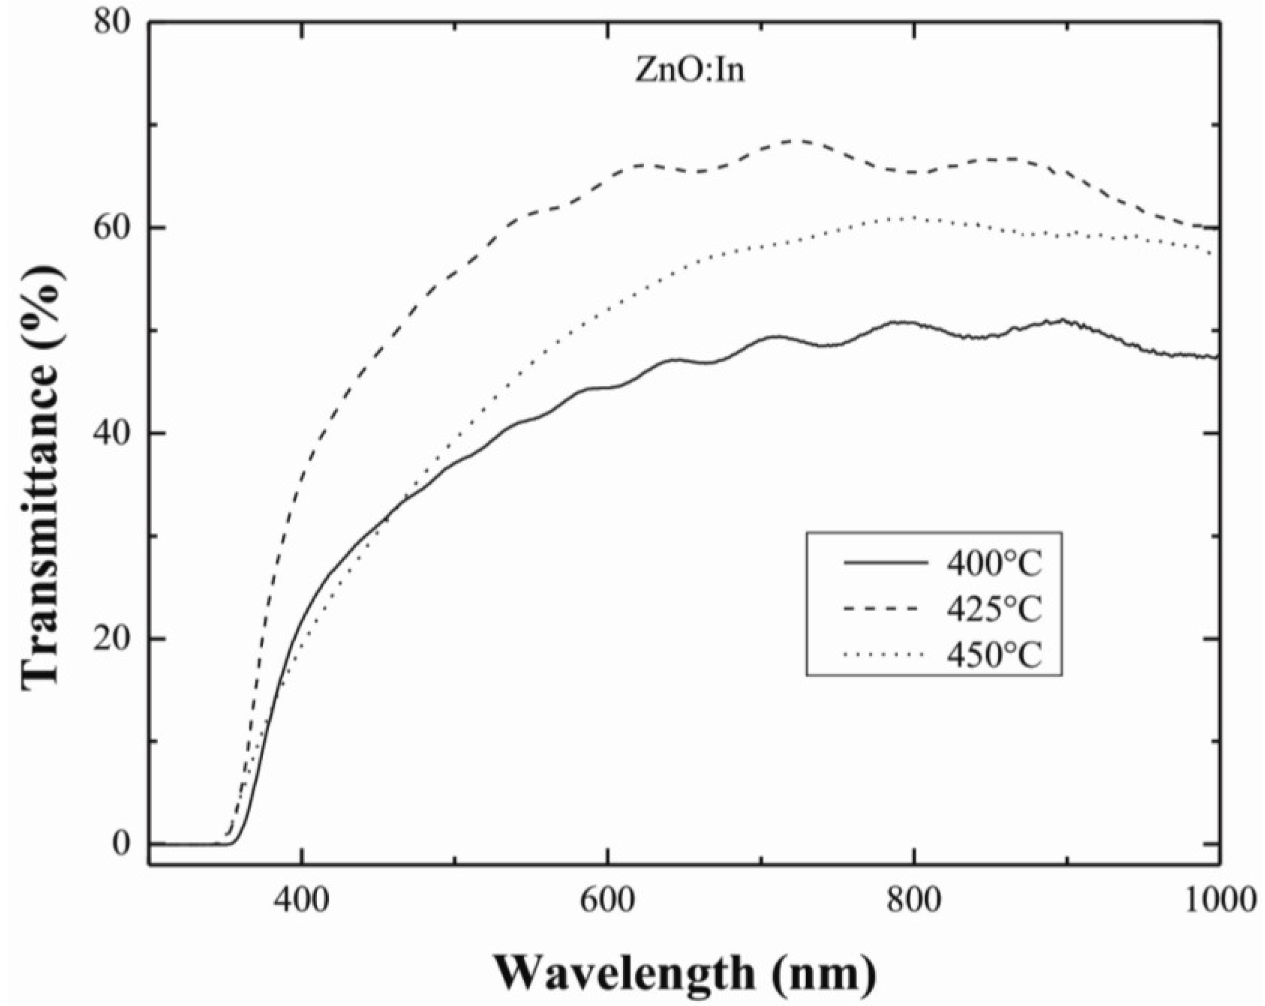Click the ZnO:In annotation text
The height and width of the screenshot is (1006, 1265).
(690, 72)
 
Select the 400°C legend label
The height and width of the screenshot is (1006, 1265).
(994, 564)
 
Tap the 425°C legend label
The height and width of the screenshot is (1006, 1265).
(994, 609)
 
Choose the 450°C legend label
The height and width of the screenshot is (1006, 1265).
(994, 654)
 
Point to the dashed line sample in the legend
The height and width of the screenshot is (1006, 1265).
(886, 608)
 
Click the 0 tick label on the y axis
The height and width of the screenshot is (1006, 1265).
(121, 844)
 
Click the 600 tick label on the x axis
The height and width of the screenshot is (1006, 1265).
(608, 901)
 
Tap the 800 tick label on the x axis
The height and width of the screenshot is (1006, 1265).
(914, 901)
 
